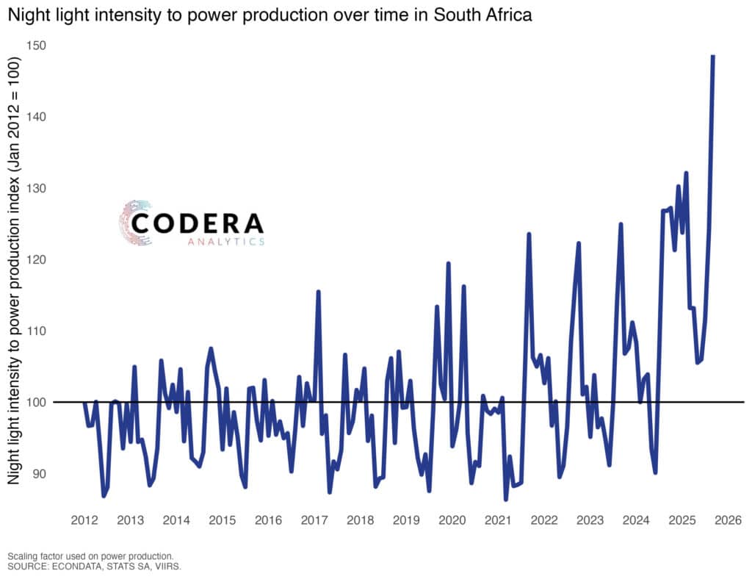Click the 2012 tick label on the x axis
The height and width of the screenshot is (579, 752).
[x=84, y=521]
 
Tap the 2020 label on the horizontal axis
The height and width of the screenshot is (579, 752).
[x=452, y=521]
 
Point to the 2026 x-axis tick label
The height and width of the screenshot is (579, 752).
[x=728, y=521]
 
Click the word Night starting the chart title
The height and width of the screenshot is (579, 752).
[x=29, y=15]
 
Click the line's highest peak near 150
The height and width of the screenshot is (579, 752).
[x=712, y=56]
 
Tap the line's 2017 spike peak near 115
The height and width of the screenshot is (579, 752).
[x=318, y=292]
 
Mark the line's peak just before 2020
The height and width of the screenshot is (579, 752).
[x=448, y=263]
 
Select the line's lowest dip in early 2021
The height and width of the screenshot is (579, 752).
[x=506, y=499]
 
